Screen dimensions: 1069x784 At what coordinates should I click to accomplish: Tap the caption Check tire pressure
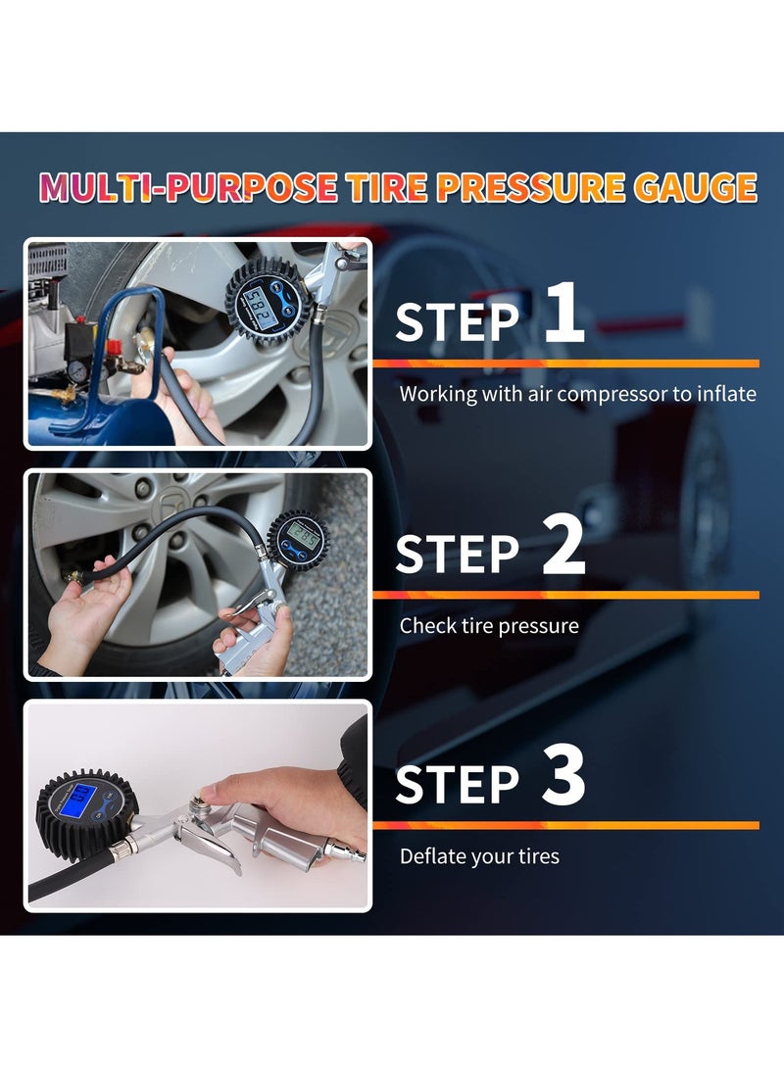coord(489,625)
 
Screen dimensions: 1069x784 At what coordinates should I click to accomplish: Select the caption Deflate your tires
coord(479,856)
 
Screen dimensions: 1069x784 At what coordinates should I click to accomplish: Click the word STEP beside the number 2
coord(458,554)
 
